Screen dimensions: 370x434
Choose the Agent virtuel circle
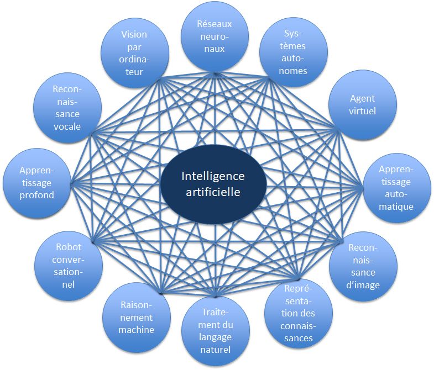tap(363, 104)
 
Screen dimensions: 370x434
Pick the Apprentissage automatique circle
tap(396, 187)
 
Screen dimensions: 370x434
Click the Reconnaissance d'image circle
tap(363, 266)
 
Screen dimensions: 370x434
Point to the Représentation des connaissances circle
tap(299, 313)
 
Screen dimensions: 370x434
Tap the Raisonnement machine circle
tap(136, 317)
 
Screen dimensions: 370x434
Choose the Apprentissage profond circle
tap(37, 182)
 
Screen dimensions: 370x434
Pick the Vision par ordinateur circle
tap(134, 53)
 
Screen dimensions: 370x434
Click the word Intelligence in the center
tap(213, 176)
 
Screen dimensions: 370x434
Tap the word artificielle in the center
tap(213, 193)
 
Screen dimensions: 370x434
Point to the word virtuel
tap(363, 111)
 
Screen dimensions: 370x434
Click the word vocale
tap(67, 126)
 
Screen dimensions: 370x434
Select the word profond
tap(37, 194)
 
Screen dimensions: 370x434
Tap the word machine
tap(136, 330)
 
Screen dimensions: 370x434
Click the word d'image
tap(363, 286)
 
